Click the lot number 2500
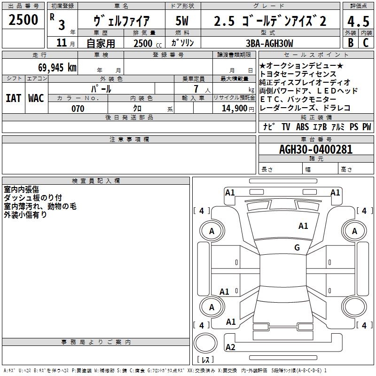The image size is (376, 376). tap(23, 20)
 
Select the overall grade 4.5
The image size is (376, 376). tap(358, 21)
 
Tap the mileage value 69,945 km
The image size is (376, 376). tap(57, 68)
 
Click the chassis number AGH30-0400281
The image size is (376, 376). tap(316, 149)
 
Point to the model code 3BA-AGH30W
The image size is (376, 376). tap(269, 43)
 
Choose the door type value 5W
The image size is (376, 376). tap(182, 21)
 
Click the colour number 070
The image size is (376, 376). tap(78, 109)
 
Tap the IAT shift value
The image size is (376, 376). tap(14, 98)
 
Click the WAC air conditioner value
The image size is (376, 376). tap(36, 98)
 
